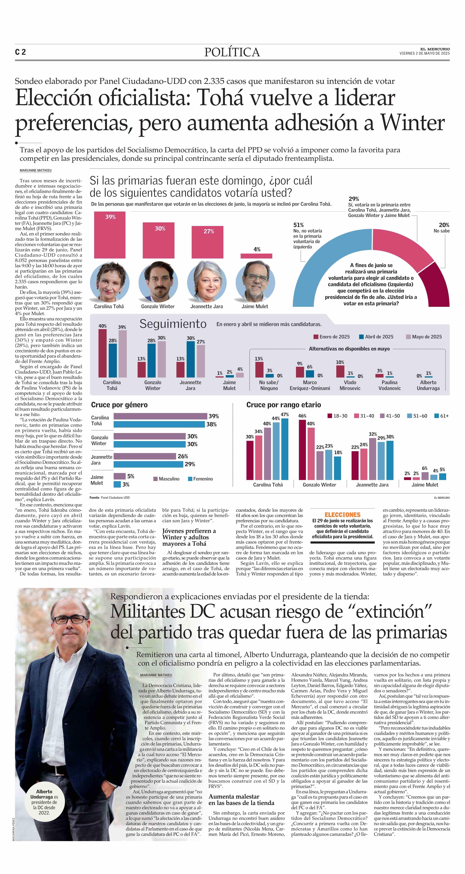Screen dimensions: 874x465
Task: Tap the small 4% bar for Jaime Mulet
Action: [256, 256]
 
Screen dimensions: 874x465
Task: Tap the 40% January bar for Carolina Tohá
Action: [102, 353]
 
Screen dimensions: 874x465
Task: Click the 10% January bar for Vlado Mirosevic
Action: [340, 371]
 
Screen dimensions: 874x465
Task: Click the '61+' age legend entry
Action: [441, 416]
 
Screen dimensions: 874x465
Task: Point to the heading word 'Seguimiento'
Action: [173, 324]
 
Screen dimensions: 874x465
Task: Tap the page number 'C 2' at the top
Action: [20, 52]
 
